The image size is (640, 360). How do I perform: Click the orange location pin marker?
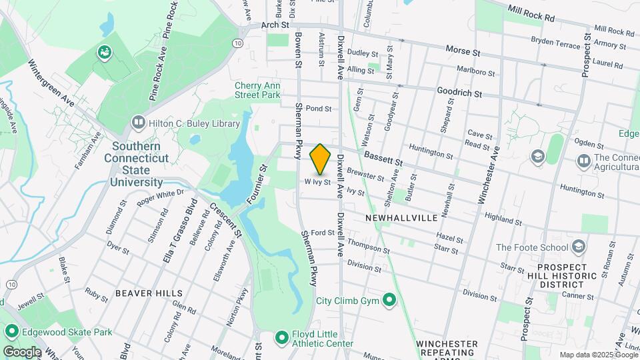click(321, 159)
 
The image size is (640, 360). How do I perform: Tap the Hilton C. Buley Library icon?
click(138, 122)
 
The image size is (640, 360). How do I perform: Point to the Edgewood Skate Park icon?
click(11, 331)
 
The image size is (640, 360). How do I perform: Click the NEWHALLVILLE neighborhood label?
click(401, 218)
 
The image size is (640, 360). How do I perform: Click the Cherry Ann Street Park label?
click(258, 91)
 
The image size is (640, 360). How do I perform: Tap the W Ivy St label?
click(318, 181)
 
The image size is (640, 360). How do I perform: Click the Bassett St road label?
click(383, 158)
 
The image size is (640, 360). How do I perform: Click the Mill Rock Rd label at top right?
click(531, 11)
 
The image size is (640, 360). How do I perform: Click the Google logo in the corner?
click(21, 351)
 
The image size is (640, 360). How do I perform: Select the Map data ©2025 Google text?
click(597, 355)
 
